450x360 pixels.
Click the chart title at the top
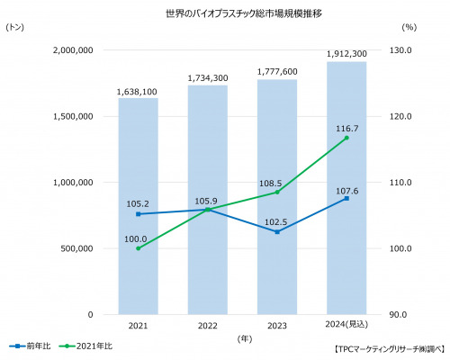tap(244, 13)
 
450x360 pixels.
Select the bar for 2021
tap(139, 206)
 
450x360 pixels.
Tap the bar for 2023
tap(277, 197)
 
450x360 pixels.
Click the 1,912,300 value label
tap(346, 54)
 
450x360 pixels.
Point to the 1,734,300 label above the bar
tap(208, 78)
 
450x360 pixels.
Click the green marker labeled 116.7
tap(346, 138)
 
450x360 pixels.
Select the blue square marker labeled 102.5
tap(277, 232)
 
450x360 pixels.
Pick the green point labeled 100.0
tap(139, 248)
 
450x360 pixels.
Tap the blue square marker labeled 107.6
tap(346, 198)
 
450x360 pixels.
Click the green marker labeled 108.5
tap(277, 192)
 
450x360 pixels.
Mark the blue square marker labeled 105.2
tap(139, 214)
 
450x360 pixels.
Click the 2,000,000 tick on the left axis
tap(73, 50)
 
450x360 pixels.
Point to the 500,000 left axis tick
tap(76, 248)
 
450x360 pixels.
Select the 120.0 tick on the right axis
tap(400, 116)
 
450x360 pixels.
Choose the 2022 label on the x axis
tap(208, 326)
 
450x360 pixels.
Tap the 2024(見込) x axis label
tap(346, 325)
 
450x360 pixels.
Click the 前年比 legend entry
tap(30, 346)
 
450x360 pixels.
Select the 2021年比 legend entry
tap(85, 346)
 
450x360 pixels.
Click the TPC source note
tap(390, 349)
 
